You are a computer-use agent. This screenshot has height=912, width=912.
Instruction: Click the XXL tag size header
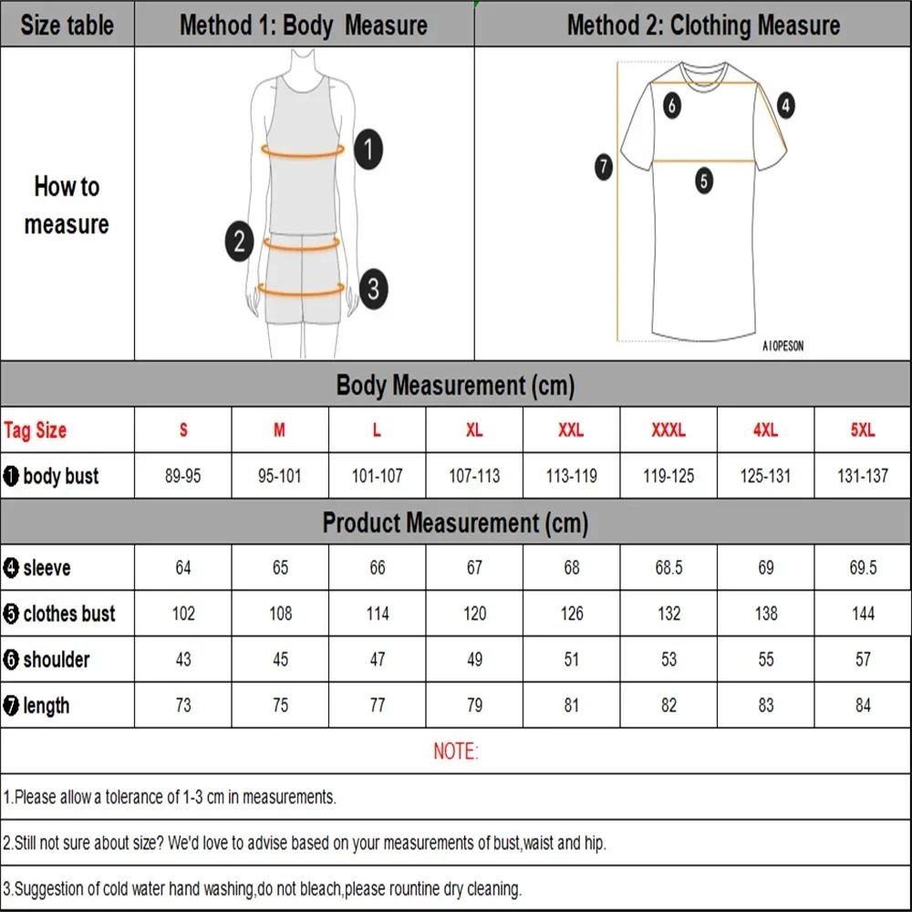click(x=571, y=430)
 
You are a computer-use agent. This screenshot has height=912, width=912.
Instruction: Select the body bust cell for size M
click(x=280, y=476)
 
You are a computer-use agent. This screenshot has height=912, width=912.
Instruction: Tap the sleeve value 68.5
click(x=668, y=567)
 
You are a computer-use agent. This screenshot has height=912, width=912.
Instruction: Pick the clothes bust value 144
click(x=863, y=613)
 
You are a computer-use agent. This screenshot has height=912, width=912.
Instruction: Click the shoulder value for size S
click(x=183, y=658)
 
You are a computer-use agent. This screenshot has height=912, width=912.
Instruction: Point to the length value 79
click(x=474, y=705)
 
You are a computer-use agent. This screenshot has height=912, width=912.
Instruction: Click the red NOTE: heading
click(x=455, y=751)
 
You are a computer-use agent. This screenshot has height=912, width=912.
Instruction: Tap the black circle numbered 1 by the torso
click(x=368, y=149)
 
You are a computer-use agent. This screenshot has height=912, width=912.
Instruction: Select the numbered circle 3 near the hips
click(x=372, y=290)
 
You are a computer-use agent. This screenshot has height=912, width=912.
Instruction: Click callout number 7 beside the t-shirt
click(x=604, y=167)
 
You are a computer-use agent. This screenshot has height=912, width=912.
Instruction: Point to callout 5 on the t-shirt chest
click(x=704, y=181)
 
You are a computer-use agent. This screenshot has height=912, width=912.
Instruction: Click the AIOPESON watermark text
click(x=782, y=347)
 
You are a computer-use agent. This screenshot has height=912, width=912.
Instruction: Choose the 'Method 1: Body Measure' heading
click(x=304, y=25)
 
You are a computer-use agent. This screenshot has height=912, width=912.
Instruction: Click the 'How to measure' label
click(x=67, y=205)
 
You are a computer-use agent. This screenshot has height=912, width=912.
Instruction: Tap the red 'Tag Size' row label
click(x=36, y=430)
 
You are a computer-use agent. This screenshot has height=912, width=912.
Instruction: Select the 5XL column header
click(x=862, y=430)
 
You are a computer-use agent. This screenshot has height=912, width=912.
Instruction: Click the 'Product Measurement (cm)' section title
click(x=455, y=523)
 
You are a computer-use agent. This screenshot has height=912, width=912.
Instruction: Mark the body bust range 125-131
click(x=765, y=476)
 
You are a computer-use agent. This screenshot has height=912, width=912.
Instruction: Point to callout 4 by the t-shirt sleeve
click(x=785, y=106)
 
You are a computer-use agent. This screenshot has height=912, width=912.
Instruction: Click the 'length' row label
click(x=46, y=705)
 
